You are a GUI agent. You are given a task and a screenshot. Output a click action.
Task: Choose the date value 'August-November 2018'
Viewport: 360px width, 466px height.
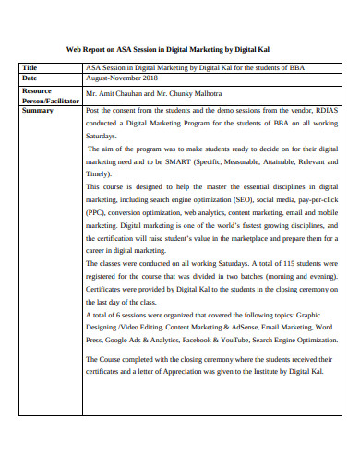point(120,78)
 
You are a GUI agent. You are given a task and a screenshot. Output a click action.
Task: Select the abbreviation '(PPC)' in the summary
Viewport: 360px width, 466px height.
point(96,211)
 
